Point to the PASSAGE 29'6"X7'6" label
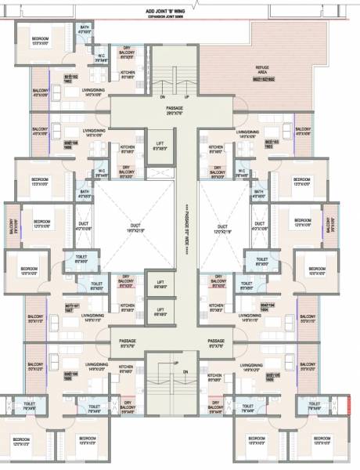(168, 111)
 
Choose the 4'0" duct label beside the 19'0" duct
(84, 229)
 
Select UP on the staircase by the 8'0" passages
(176, 363)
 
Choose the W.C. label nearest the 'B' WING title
(102, 56)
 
